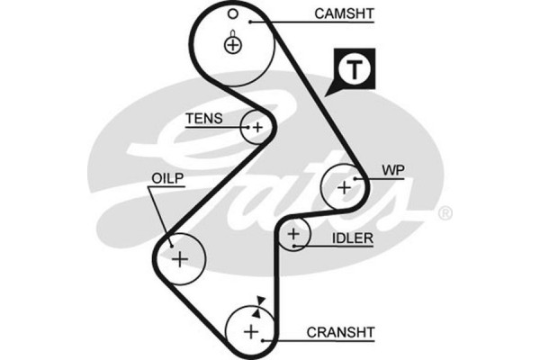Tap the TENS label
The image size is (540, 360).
coord(202,118)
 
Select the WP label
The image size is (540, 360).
coord(394,169)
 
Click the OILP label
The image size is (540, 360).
coord(167,179)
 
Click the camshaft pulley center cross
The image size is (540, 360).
coord(233,44)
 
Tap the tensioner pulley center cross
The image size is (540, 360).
coord(257,128)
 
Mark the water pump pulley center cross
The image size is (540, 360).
coord(344,187)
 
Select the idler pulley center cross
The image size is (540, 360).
coord(293,236)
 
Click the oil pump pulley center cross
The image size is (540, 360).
coord(180,260)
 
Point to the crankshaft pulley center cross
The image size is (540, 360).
coord(251,332)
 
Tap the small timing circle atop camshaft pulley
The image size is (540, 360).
coord(232,13)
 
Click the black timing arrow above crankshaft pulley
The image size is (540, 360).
coord(261,301)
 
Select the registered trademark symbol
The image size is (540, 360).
coord(445,214)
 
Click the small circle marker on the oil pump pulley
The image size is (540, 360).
coord(168,241)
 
